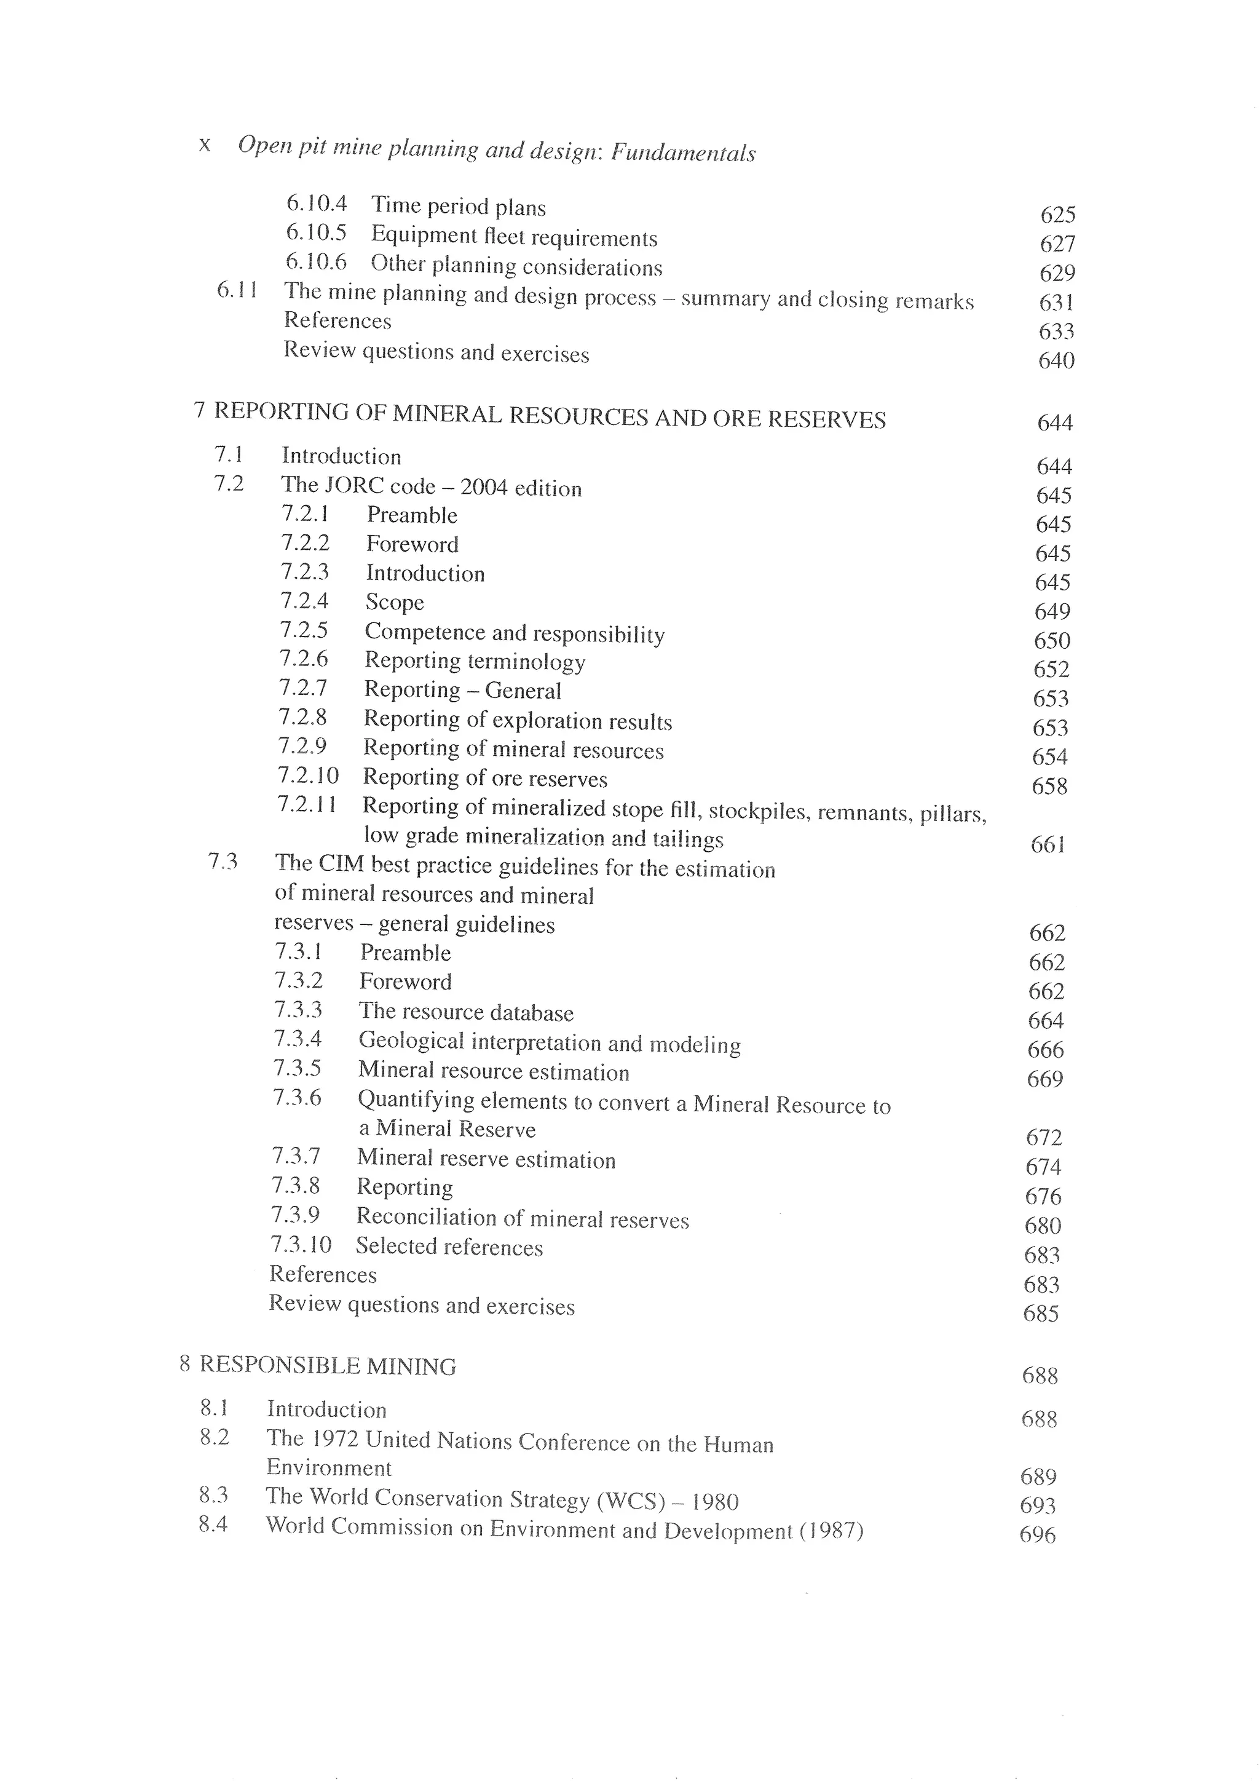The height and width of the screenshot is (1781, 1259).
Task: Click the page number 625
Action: click(x=1057, y=214)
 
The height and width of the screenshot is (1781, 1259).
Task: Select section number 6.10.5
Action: click(x=317, y=232)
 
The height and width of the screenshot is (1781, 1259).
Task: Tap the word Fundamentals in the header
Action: click(x=683, y=153)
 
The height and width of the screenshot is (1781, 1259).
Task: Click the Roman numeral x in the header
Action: click(x=205, y=145)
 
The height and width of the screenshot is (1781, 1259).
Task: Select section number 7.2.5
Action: click(x=304, y=630)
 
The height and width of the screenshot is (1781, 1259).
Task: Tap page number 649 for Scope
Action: click(x=1052, y=611)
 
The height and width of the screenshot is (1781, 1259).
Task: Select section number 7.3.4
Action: click(x=298, y=1039)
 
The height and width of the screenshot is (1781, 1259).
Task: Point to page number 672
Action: click(x=1043, y=1137)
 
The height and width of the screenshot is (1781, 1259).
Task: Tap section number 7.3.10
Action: click(x=301, y=1244)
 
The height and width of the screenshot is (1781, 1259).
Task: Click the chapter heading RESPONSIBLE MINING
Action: click(x=328, y=1366)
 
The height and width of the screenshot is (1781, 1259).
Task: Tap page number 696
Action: click(x=1037, y=1534)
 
